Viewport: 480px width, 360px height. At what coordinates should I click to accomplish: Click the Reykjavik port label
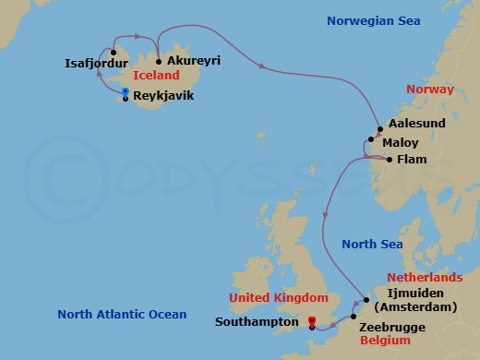coord(163,95)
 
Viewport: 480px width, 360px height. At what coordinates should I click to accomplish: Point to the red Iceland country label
coord(156,76)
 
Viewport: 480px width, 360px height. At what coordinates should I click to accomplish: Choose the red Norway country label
coord(430,90)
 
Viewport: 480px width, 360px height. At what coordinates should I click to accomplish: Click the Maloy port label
coord(404,143)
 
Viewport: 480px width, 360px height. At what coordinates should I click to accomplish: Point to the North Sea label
coord(372,244)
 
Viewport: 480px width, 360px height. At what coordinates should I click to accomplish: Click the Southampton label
coord(257,323)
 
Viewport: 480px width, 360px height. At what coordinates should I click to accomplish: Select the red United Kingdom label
coord(279,297)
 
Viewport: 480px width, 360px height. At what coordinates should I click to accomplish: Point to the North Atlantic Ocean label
coord(122,314)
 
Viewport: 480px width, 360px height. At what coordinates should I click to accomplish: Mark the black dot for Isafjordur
coord(114,52)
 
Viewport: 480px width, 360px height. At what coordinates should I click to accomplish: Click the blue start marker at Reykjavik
coord(125,91)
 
